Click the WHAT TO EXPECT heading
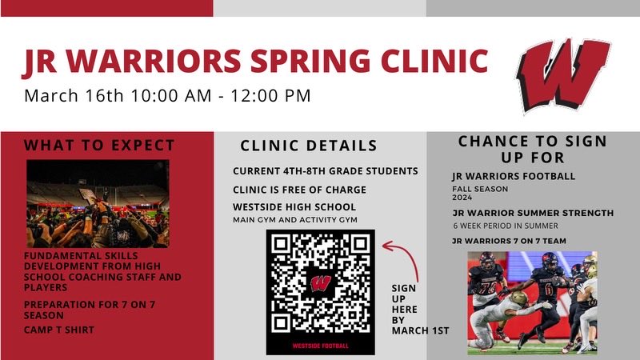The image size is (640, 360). pyautogui.click(x=99, y=146)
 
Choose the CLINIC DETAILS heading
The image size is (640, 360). pyautogui.click(x=309, y=146)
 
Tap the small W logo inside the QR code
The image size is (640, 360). pyautogui.click(x=320, y=282)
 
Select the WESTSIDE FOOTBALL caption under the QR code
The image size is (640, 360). pyautogui.click(x=320, y=346)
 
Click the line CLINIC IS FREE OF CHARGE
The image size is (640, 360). pyautogui.click(x=300, y=190)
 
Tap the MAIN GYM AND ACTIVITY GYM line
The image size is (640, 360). pyautogui.click(x=294, y=220)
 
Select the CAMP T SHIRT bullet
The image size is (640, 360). pyautogui.click(x=59, y=330)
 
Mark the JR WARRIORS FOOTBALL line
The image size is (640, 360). pyautogui.click(x=514, y=177)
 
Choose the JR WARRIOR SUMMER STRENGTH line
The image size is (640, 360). pyautogui.click(x=533, y=214)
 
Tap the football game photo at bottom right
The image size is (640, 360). pyautogui.click(x=532, y=302)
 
